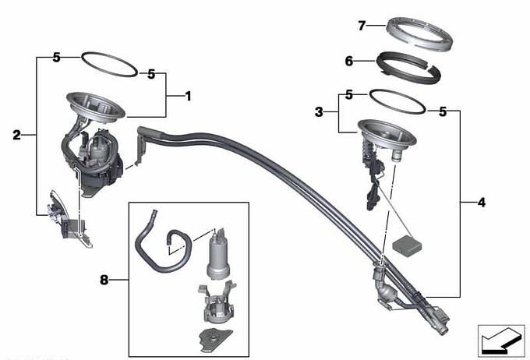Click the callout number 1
[188, 97]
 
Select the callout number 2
[16, 136]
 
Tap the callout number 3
[319, 112]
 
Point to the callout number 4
[482, 203]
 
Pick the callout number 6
[349, 62]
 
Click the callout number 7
[362, 26]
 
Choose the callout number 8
[104, 280]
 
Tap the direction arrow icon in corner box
[501, 341]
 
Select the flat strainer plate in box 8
[215, 339]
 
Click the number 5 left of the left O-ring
[56, 58]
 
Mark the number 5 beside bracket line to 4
[443, 111]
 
